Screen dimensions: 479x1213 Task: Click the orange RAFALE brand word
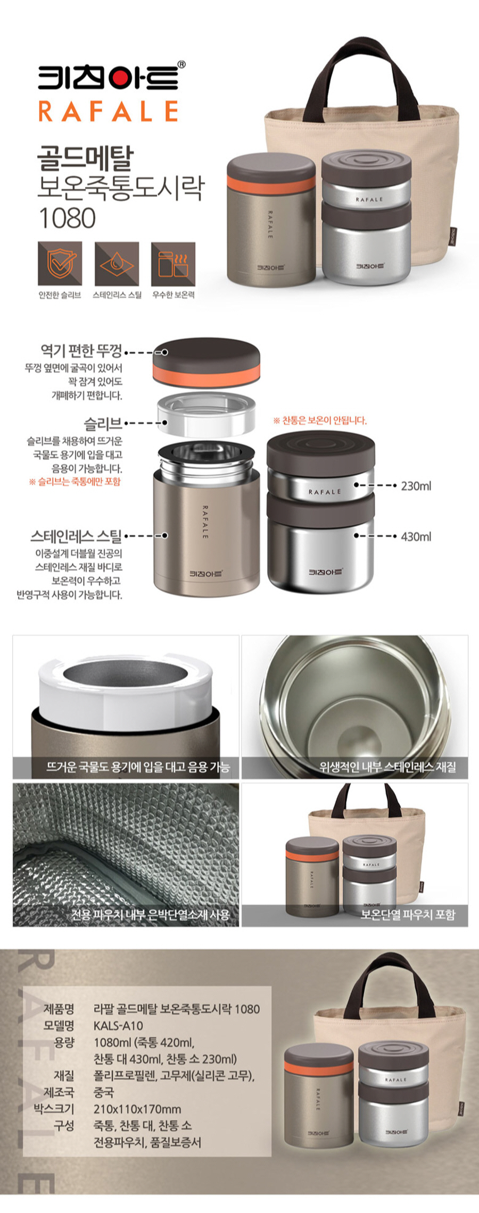[x=109, y=112]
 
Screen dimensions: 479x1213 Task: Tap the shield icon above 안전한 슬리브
[x=60, y=264]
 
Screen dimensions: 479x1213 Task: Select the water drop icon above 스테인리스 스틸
[x=117, y=264]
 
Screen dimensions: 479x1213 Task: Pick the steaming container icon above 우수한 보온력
[x=173, y=264]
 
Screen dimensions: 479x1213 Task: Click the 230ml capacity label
[x=416, y=486]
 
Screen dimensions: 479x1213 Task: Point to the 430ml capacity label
[x=416, y=536]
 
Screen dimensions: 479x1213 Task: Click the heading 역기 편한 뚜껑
[x=81, y=351]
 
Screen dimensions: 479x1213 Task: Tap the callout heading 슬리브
[x=103, y=424]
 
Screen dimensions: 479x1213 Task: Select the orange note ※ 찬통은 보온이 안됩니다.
[x=320, y=420]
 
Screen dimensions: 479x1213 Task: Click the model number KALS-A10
[x=118, y=1026]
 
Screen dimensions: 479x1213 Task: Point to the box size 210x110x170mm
[x=137, y=1109]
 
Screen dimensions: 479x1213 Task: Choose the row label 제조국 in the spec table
[x=59, y=1093]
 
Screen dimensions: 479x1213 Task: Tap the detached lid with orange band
[x=207, y=361]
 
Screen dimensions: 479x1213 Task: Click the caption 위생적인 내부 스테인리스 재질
[x=387, y=767]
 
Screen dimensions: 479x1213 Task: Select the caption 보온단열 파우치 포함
[x=408, y=915]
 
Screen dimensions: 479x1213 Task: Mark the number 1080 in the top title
[x=68, y=218]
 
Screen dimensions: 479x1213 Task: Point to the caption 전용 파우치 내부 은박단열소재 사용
[x=150, y=915]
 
